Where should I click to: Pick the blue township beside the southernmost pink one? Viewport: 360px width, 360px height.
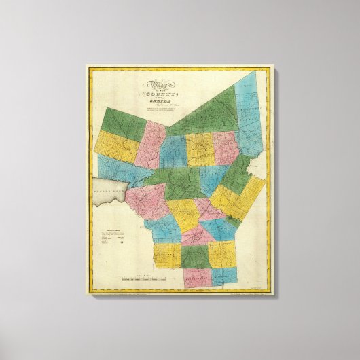coord(225,275)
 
